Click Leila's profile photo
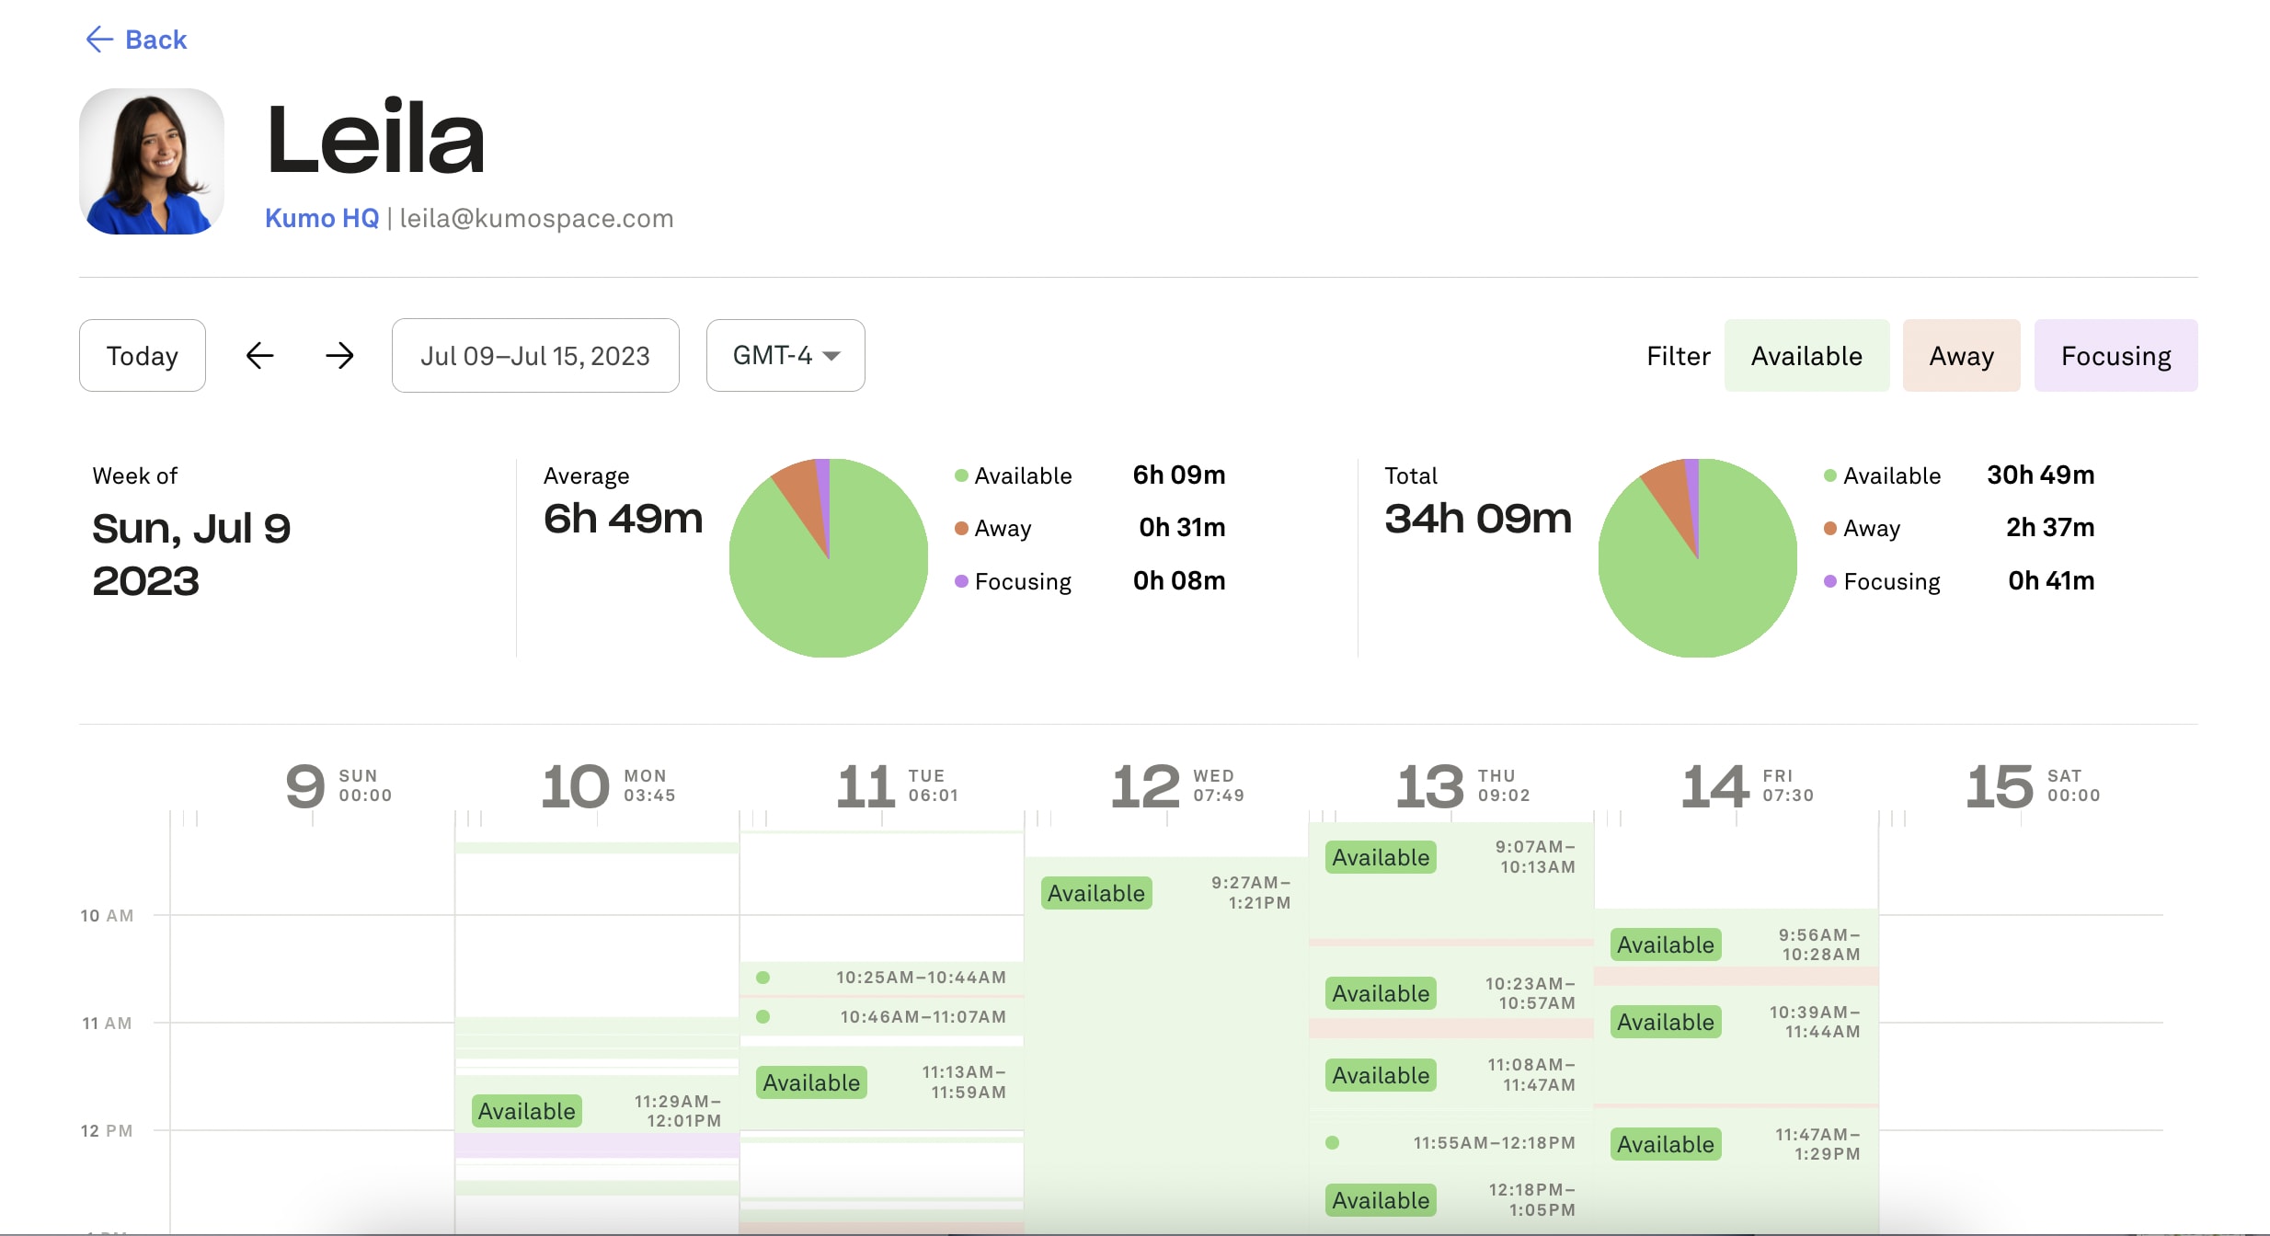point(152,161)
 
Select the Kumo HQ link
point(321,218)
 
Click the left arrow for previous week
point(260,355)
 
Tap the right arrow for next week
point(339,355)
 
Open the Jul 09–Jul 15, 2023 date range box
point(534,355)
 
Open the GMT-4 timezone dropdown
point(785,355)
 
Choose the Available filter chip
point(1806,355)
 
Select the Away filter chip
point(1961,355)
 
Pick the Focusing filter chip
point(2115,355)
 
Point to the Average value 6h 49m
point(623,519)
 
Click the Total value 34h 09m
point(1477,519)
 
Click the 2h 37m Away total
point(2049,527)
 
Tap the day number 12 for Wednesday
point(1144,787)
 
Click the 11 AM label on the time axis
point(107,1023)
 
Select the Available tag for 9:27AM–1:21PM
point(1095,893)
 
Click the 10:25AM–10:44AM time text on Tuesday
point(920,978)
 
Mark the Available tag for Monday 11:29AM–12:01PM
point(526,1111)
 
